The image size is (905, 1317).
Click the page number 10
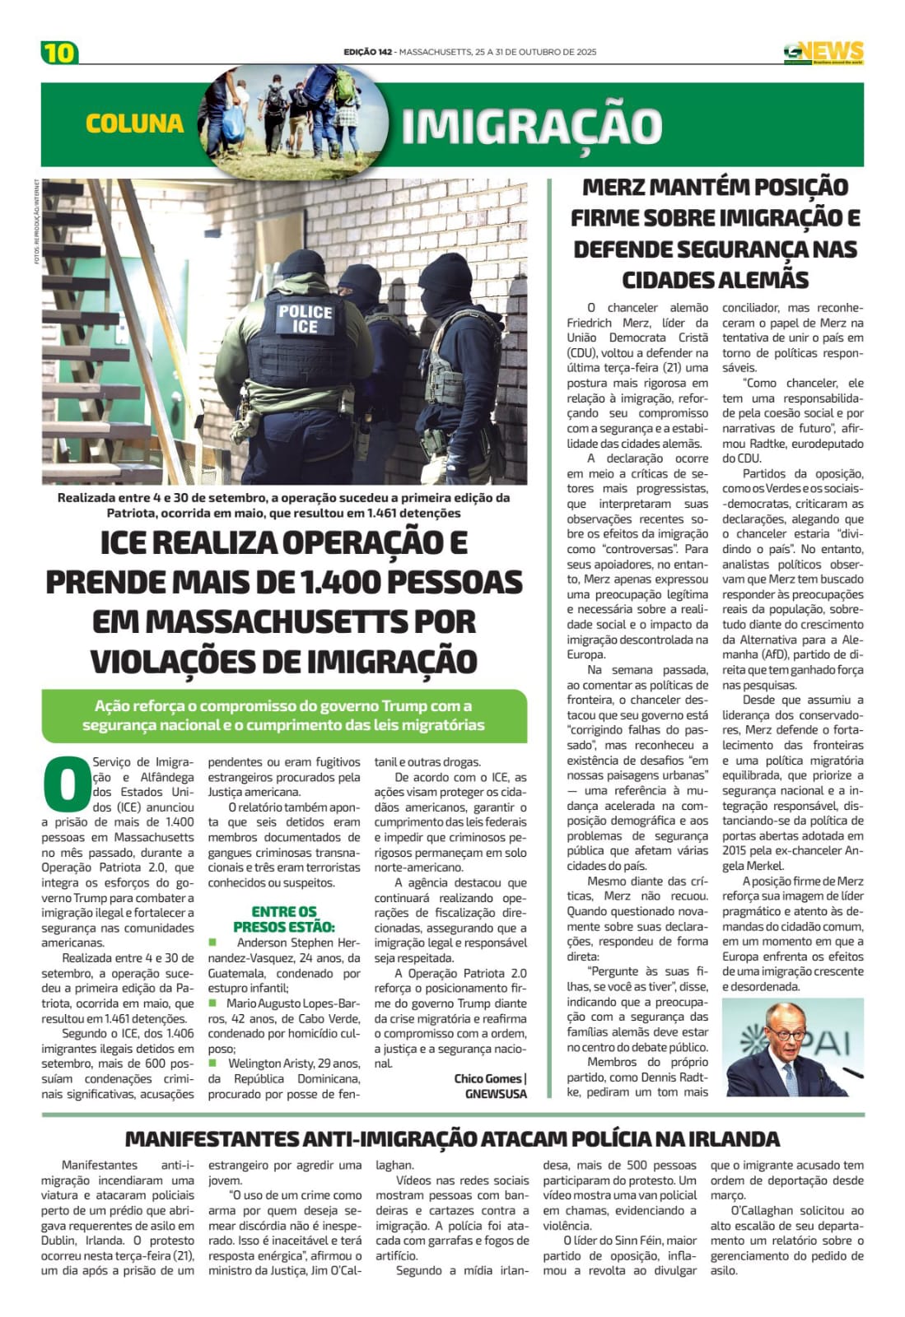point(59,53)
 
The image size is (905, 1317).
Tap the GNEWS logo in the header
point(823,53)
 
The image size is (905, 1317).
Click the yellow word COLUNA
point(134,123)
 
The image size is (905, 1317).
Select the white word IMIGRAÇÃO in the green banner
point(531,126)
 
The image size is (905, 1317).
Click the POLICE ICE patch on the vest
point(305,319)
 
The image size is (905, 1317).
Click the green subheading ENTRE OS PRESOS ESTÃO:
point(284,919)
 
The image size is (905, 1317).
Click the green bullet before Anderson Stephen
point(212,942)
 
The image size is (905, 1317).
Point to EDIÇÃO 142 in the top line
point(367,52)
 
